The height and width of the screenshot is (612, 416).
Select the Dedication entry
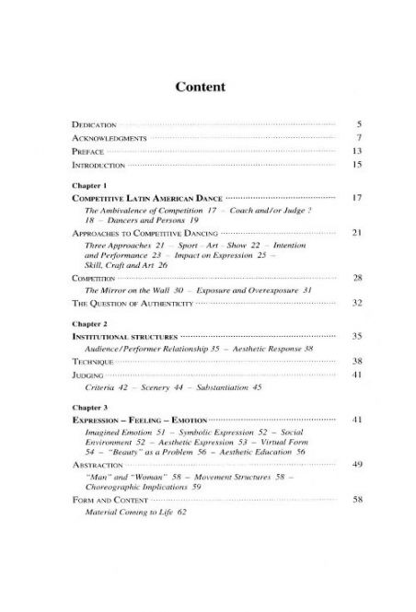[x=95, y=122]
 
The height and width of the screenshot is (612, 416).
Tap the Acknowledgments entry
[x=110, y=136]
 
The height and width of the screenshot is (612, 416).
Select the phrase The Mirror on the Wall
[x=129, y=290]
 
